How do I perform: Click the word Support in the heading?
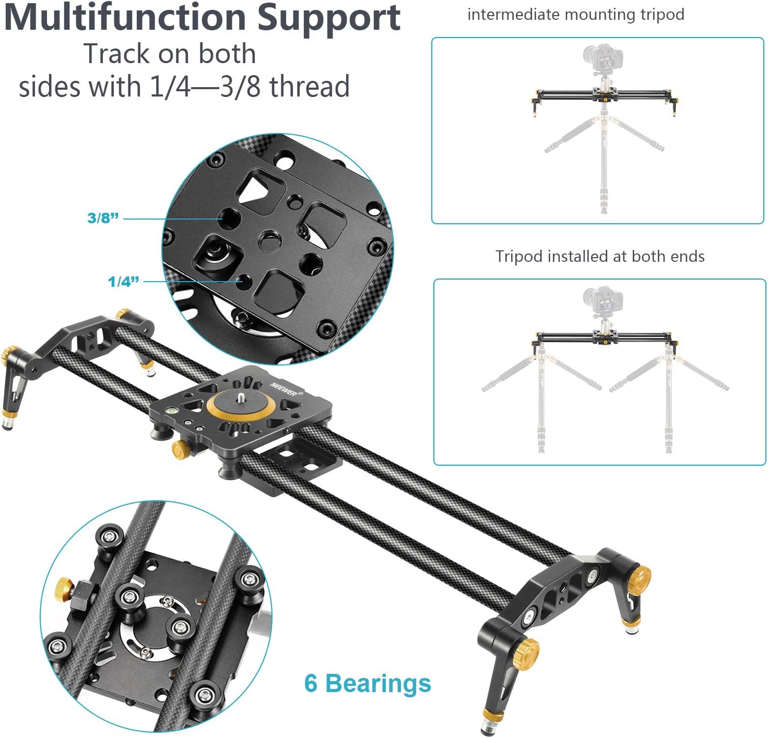[x=329, y=19]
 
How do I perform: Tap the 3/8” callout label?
[x=103, y=218]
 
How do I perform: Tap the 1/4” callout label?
[x=124, y=282]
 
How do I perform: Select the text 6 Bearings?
[x=368, y=683]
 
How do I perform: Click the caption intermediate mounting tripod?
[x=575, y=15]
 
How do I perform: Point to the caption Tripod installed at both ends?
[x=600, y=256]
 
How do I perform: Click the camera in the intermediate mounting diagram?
[x=604, y=57]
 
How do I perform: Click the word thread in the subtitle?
[x=310, y=87]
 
